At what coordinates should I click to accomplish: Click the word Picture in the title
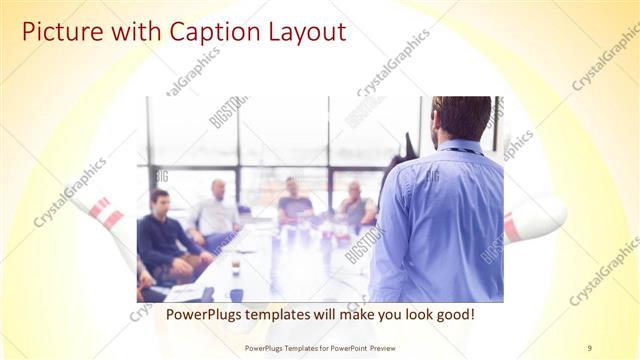click(59, 32)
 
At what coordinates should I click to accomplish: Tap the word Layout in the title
click(303, 32)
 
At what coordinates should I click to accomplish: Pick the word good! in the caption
click(452, 314)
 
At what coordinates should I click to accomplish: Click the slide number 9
click(589, 347)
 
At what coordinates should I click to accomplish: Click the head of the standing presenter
click(461, 117)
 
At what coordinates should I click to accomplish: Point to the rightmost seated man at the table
click(355, 206)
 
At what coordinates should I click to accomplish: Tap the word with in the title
click(124, 32)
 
